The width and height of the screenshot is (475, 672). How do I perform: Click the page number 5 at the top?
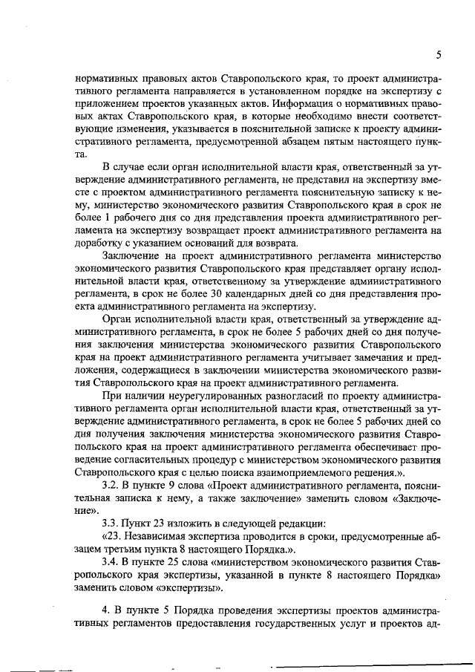click(439, 55)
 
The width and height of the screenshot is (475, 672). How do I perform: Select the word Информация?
click(302, 103)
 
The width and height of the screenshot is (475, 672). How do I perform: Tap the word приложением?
click(108, 103)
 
